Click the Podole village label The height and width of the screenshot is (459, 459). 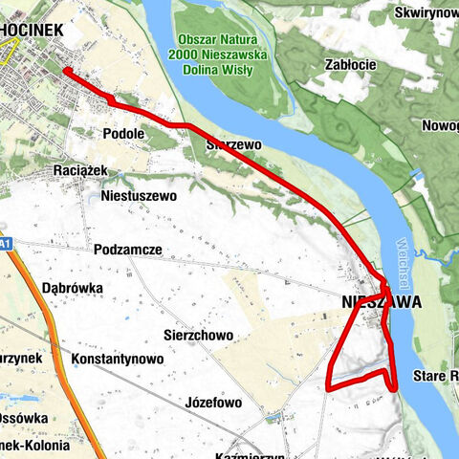click(123, 134)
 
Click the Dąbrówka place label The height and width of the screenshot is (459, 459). click(74, 285)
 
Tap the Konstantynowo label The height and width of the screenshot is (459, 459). click(117, 359)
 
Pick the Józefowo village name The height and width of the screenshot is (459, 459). click(213, 403)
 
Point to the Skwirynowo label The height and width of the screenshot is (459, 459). click(426, 14)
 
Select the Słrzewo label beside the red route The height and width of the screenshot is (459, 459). click(233, 144)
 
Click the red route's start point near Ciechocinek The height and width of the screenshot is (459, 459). click(65, 70)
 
